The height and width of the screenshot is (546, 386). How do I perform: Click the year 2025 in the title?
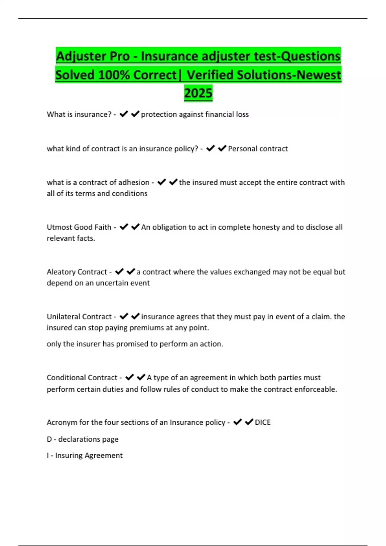(x=198, y=93)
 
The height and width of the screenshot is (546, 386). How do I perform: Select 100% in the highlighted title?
(x=114, y=75)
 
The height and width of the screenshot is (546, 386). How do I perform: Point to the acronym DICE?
(x=262, y=422)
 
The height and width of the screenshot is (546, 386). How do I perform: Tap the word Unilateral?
(x=63, y=317)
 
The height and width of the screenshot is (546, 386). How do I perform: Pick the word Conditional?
(x=66, y=378)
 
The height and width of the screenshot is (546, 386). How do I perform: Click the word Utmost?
(x=59, y=227)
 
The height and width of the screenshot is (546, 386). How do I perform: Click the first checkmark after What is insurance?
(x=124, y=114)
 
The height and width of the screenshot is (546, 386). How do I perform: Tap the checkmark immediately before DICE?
(x=249, y=422)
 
